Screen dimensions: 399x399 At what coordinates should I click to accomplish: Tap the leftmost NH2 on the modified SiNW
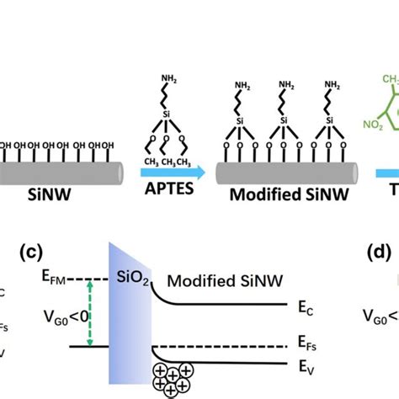[244, 86]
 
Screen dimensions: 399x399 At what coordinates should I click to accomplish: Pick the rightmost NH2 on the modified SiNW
[333, 86]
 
